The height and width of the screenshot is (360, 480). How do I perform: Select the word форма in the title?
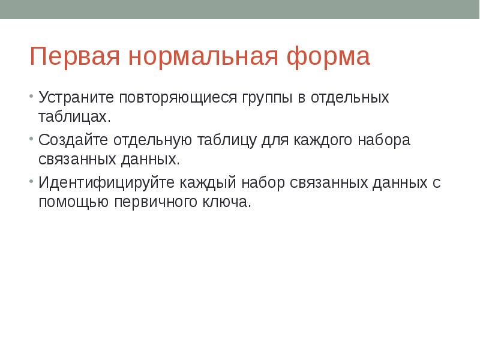[328, 57]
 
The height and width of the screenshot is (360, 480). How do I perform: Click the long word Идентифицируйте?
[105, 183]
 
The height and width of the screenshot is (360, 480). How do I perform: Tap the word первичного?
[151, 202]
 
